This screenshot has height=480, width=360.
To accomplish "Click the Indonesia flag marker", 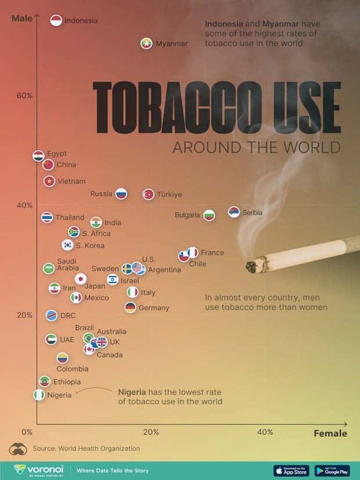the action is coord(56,20).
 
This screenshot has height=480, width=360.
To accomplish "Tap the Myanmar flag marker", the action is coord(146,44).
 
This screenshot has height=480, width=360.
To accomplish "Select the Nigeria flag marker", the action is coord(39,395).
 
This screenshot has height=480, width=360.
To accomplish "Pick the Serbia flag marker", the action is coord(234,212).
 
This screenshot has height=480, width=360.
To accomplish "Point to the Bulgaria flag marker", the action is coord(209,215).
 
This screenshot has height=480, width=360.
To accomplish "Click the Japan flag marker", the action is coord(81,279).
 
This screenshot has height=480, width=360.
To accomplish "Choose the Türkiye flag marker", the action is coord(149,194).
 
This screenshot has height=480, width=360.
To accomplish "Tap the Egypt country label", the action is coord(57,153).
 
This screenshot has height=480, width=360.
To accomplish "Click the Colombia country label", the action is coord(73,369).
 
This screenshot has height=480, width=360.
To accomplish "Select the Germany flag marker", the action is coord(130,307).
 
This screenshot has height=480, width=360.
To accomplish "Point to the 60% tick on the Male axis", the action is coord(24,96).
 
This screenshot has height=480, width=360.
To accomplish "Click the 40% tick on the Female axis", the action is coord(265,432).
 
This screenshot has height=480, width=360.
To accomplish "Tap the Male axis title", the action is coord(22,18).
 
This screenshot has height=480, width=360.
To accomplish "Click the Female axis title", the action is coord(330,433).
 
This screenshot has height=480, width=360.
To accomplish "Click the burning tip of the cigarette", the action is coord(253,266).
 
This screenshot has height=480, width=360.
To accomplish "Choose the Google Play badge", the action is coord(332,470).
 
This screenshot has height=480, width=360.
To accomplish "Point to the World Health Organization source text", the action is coord(86,448).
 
